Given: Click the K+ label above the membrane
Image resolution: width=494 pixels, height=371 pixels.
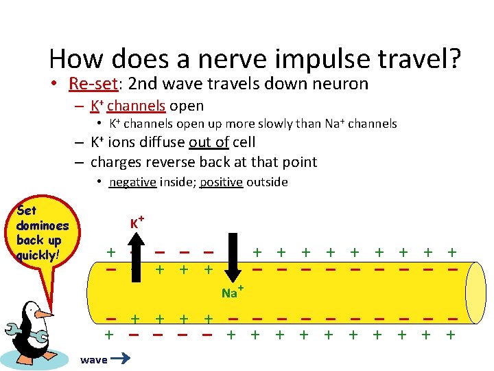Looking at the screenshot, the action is click(137, 223).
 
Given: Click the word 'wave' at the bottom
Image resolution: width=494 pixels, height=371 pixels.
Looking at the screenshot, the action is click(93, 360).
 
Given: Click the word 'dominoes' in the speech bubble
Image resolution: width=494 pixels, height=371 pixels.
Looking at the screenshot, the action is click(42, 225).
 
